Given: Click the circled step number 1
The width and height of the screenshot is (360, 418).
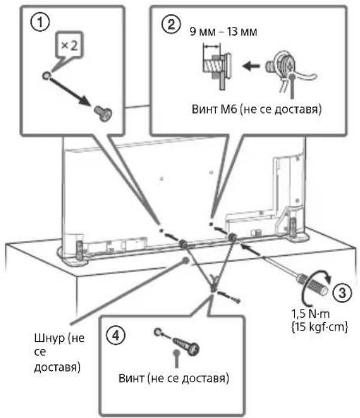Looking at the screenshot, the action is click(40, 22).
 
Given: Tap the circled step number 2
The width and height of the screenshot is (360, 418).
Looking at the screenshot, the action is click(171, 25).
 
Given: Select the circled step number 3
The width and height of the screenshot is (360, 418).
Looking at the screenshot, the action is click(342, 292).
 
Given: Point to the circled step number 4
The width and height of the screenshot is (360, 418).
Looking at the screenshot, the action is click(116, 335).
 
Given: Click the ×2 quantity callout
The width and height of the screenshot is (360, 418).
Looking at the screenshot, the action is click(70, 46).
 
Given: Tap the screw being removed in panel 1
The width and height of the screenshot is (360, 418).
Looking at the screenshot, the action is click(104, 113).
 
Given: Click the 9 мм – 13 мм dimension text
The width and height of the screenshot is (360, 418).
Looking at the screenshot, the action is click(223, 32).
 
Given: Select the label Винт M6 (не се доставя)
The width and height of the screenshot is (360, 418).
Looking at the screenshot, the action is click(256, 110).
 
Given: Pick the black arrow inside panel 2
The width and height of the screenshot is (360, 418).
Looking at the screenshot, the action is click(250, 66).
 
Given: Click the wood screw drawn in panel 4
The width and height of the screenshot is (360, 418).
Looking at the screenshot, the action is click(186, 346).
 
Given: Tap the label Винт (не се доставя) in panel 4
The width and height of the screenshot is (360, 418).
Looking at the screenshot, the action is click(174, 378).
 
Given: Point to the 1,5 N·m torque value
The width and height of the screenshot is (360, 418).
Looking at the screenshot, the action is click(311, 314).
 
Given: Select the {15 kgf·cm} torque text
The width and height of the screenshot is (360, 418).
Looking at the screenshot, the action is click(319, 326).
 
